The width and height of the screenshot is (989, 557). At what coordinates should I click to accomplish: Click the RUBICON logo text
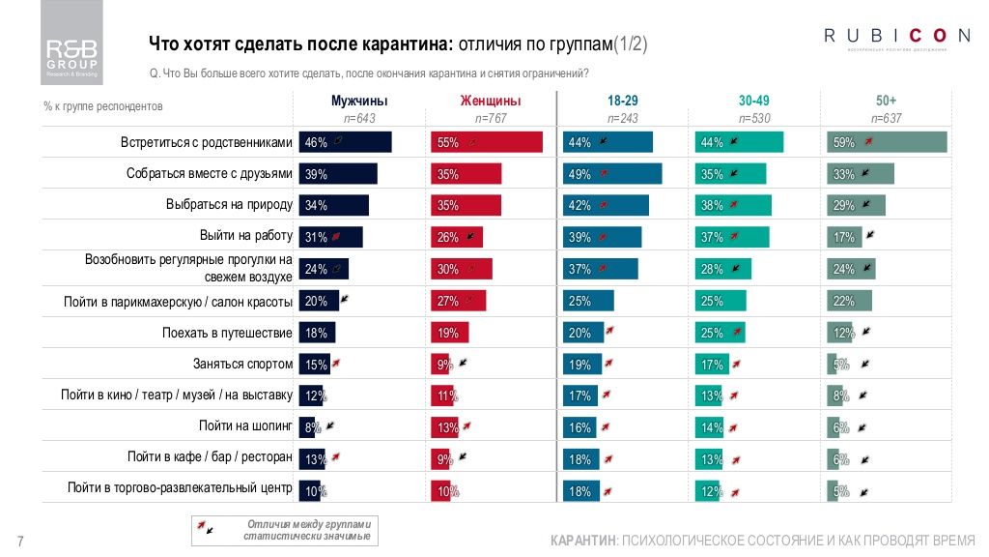pyautogui.click(x=896, y=37)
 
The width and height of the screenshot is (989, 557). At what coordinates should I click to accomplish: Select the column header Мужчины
pyautogui.click(x=359, y=101)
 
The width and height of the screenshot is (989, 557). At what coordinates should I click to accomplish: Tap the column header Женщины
pyautogui.click(x=491, y=101)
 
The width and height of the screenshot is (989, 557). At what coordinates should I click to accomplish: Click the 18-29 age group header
pyautogui.click(x=622, y=101)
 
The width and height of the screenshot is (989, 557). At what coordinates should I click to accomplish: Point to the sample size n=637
pyautogui.click(x=886, y=118)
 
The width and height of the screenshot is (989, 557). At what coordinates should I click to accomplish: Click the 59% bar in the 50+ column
pyautogui.click(x=887, y=142)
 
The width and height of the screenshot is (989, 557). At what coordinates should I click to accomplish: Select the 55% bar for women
pyautogui.click(x=486, y=142)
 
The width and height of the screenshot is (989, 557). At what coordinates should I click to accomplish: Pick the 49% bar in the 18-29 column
pyautogui.click(x=612, y=174)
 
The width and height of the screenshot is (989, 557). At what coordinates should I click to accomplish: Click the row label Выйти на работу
pyautogui.click(x=245, y=236)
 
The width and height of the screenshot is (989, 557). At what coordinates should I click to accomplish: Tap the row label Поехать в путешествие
pyautogui.click(x=227, y=333)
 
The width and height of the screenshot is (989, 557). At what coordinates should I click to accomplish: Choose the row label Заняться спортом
pyautogui.click(x=242, y=365)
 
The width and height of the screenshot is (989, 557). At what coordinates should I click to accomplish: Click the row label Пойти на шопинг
pyautogui.click(x=245, y=425)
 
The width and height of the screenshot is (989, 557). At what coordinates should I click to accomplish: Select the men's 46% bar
pyautogui.click(x=345, y=142)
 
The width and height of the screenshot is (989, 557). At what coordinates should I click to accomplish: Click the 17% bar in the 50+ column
pyautogui.click(x=843, y=237)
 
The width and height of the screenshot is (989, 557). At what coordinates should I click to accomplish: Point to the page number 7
pyautogui.click(x=20, y=541)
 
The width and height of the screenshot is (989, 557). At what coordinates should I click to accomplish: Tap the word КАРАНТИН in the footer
pyautogui.click(x=582, y=539)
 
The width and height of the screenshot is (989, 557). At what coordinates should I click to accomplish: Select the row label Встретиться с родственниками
pyautogui.click(x=206, y=142)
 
